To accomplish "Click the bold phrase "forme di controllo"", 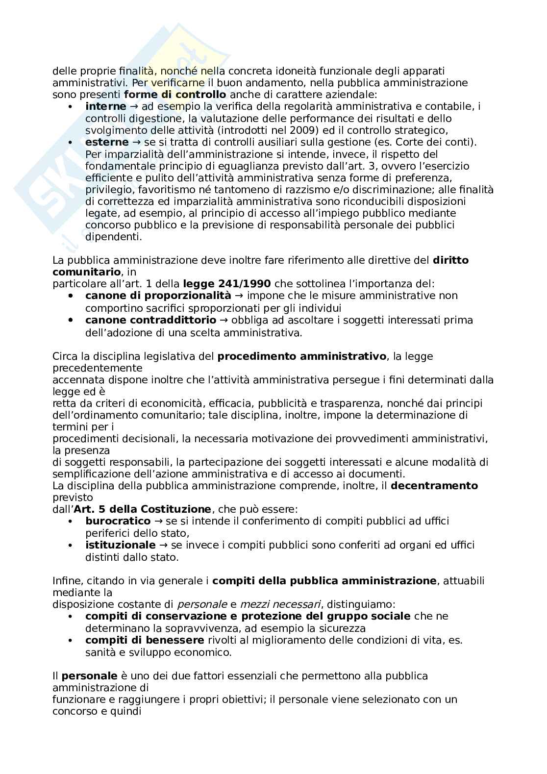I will tap(175, 95).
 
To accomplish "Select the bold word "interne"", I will tap(105, 106).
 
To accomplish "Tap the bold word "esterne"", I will tap(107, 142).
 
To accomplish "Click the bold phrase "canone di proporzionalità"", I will tap(158, 296).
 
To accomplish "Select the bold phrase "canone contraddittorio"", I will tap(150, 320).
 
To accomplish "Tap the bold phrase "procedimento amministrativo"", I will tap(301, 356).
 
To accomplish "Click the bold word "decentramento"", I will tap(434, 486).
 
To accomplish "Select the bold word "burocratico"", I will tap(118, 521).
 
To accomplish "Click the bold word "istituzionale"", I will tap(120, 545).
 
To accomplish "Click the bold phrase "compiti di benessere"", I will tap(145, 640).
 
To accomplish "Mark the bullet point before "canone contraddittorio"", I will tap(71, 320).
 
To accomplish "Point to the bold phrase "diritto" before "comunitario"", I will tap(450, 260).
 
